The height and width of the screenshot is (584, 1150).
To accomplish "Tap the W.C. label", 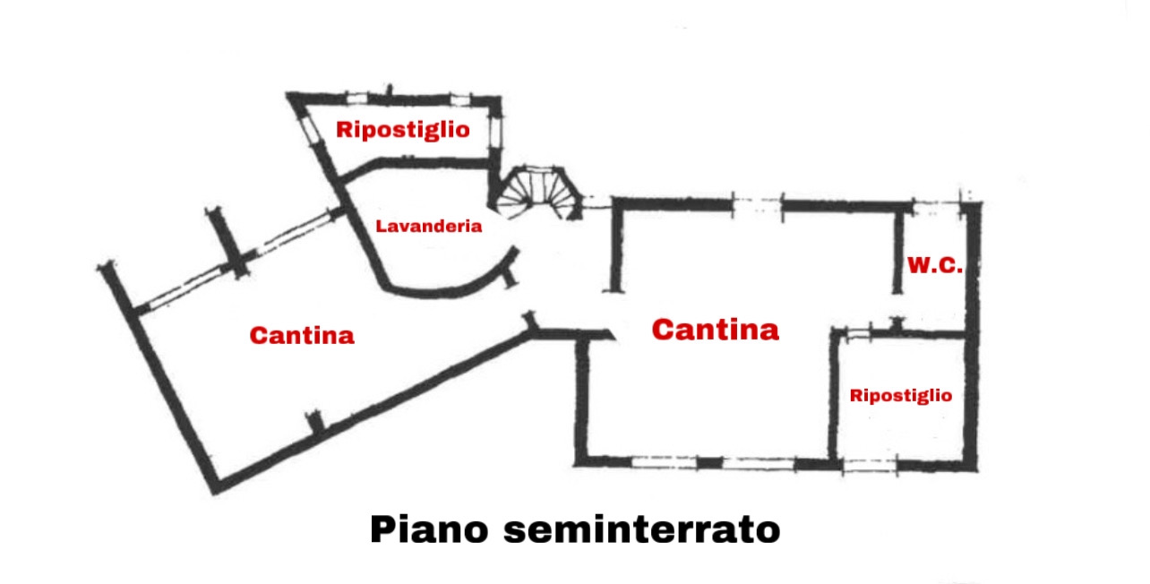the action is [x=935, y=265].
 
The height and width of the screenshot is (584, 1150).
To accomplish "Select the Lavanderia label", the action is [x=429, y=226].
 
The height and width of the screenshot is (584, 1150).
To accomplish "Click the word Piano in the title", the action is [x=429, y=529].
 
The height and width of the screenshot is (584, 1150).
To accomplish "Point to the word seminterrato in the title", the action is [x=642, y=529].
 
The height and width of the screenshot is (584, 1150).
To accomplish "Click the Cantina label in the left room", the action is [x=302, y=335].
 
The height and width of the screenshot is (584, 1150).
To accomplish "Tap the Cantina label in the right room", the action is [x=715, y=330].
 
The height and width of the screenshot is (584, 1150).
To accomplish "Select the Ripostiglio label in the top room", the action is [x=403, y=130].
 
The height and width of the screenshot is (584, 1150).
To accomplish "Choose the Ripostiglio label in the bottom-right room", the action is [x=901, y=396].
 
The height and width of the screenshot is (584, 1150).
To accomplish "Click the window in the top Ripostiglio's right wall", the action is [x=495, y=132].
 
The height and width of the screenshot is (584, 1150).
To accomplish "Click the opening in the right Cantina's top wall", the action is [x=757, y=206].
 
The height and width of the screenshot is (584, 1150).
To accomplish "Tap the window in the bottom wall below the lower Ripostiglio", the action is [x=870, y=466].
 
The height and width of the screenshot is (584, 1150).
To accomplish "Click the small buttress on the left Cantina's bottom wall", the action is [x=315, y=421].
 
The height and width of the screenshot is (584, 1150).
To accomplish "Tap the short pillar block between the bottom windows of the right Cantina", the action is [x=709, y=463].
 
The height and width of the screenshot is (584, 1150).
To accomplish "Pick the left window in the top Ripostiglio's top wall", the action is [x=357, y=98].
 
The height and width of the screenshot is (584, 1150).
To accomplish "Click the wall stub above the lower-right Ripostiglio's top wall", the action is [x=897, y=324].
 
